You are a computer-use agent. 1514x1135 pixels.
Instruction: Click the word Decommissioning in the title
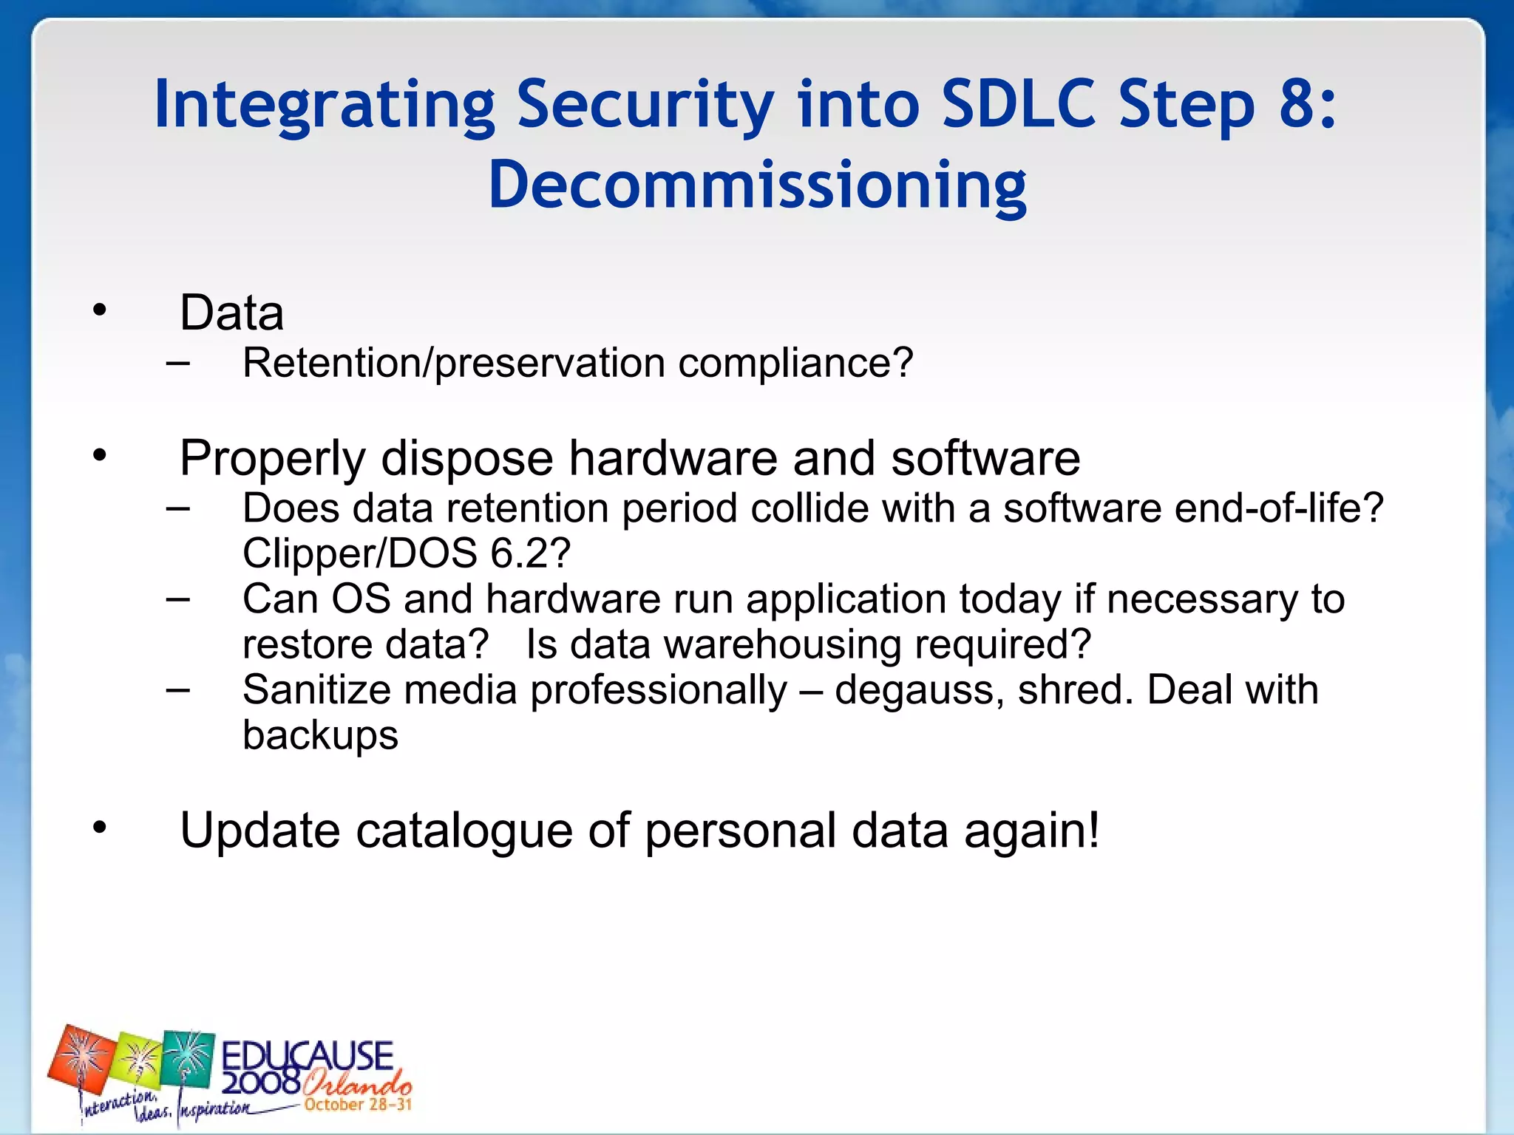pos(757,185)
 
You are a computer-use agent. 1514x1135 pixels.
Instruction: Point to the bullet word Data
pos(231,313)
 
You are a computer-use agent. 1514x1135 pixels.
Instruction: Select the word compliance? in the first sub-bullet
pos(795,364)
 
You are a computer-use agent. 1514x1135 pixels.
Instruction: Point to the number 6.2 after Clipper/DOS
pos(521,553)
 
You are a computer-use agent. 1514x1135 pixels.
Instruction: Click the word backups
pos(320,736)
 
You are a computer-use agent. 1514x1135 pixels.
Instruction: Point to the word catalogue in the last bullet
pos(464,831)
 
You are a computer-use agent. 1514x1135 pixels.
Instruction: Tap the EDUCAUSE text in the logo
pos(308,1055)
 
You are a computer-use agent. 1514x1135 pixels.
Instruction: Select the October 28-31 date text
pos(358,1105)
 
